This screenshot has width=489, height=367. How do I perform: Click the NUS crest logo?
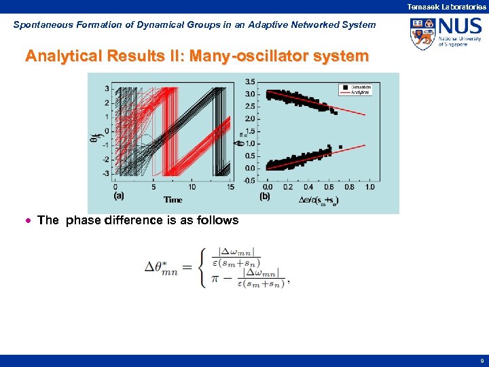[422, 34]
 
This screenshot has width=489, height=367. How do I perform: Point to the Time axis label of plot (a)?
[173, 200]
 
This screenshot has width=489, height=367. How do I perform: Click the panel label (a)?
[119, 196]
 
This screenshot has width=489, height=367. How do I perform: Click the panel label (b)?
[266, 196]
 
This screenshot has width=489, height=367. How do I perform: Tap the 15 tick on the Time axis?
[231, 186]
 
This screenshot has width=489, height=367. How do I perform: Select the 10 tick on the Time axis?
[192, 186]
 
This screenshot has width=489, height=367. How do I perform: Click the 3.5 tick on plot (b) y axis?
[251, 82]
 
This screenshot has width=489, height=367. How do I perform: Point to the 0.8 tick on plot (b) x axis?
[350, 187]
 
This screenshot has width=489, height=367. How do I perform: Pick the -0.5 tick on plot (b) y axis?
[250, 180]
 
